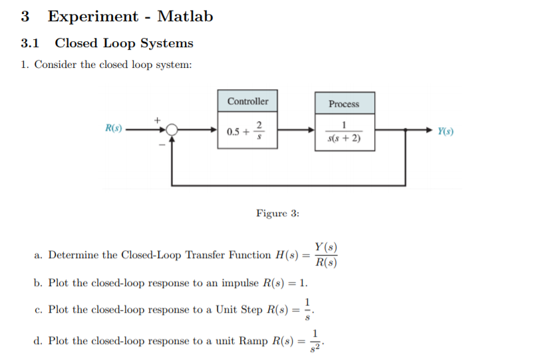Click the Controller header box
[x=247, y=101]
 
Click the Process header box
[x=343, y=104]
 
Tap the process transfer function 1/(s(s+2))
[x=343, y=132]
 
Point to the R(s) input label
[x=113, y=128]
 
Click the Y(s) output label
[x=446, y=132]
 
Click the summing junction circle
[x=172, y=131]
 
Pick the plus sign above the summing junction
[x=158, y=119]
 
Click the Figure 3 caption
[x=277, y=214]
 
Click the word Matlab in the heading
[x=185, y=17]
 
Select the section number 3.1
[x=31, y=44]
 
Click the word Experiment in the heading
[x=93, y=17]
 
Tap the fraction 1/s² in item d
[x=318, y=341]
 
